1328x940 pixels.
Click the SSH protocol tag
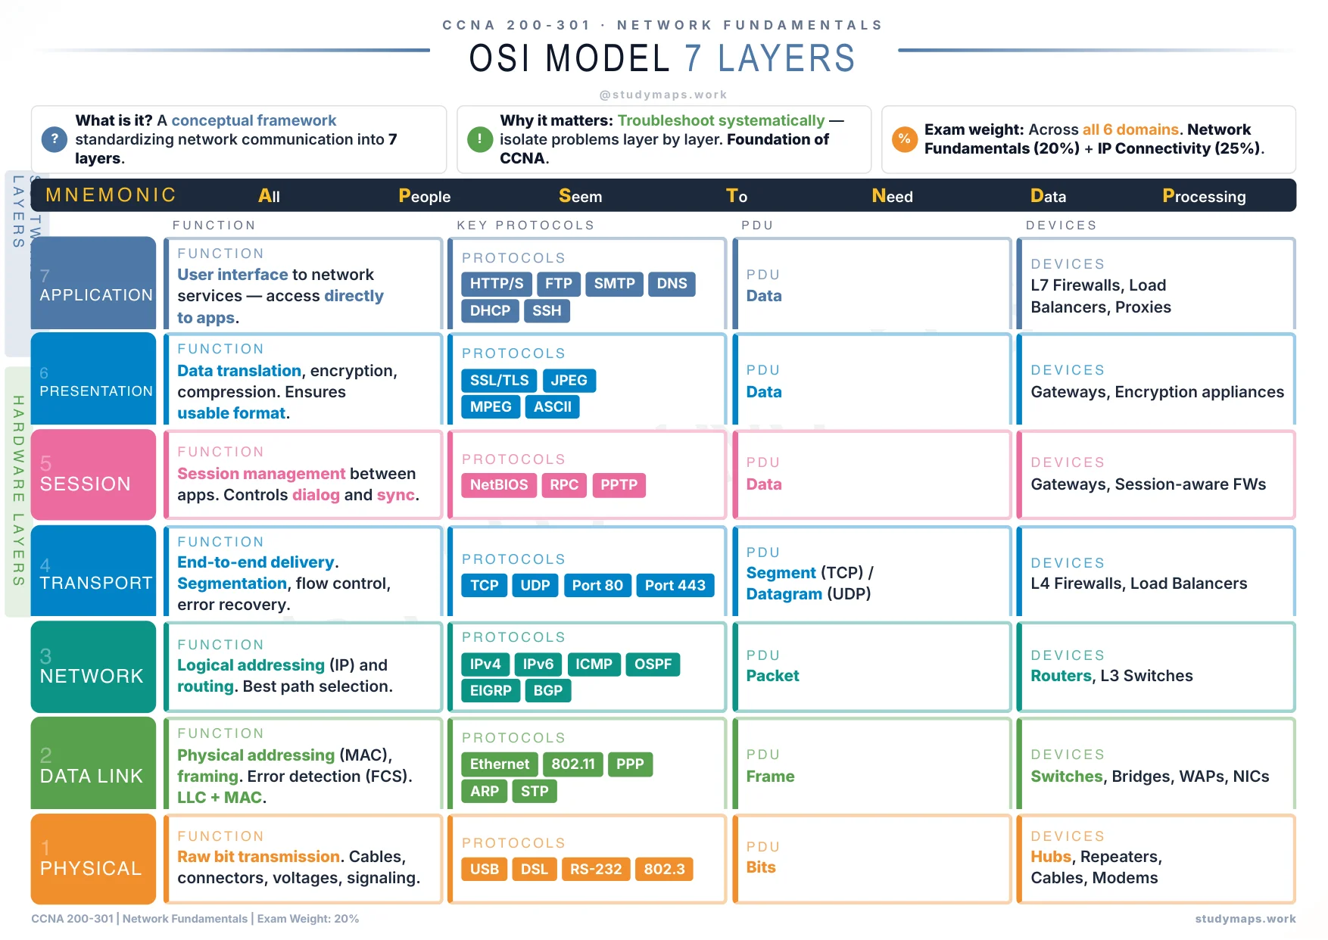point(547,311)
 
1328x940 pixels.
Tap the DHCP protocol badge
point(490,311)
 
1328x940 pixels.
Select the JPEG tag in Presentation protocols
point(569,380)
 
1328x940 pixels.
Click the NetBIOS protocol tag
point(499,485)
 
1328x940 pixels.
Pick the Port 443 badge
point(675,585)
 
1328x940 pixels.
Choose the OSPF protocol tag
point(653,665)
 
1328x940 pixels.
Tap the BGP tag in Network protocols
point(547,691)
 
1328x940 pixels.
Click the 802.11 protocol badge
point(573,764)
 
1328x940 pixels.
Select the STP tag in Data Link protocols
point(535,792)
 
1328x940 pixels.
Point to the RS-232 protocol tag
point(596,870)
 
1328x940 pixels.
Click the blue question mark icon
point(54,139)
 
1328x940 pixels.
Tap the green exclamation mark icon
point(479,139)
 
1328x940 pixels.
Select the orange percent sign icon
point(904,139)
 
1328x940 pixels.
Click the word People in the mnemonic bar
point(424,197)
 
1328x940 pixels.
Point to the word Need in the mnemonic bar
point(892,197)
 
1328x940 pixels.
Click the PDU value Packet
point(772,676)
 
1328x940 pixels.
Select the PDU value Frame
point(770,777)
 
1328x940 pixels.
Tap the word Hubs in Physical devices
point(1050,857)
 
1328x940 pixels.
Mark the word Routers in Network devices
point(1061,676)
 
